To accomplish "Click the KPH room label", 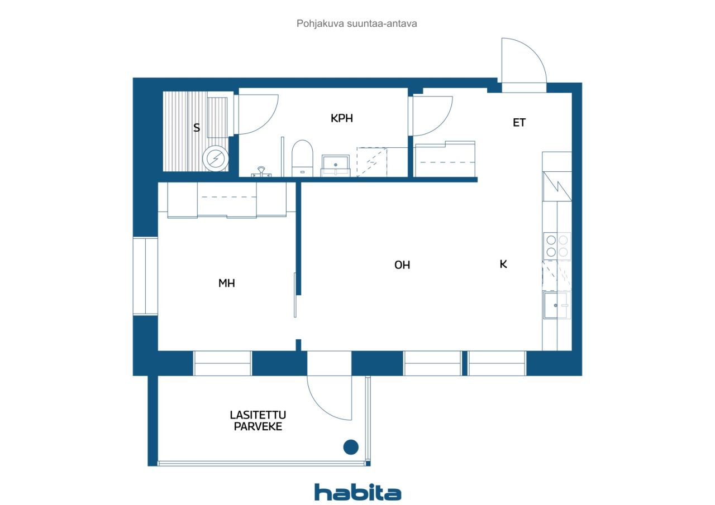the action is (341, 118).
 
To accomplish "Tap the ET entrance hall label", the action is (519, 122).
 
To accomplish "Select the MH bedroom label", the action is (227, 283).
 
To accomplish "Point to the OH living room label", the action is (402, 265).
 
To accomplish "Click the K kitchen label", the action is (503, 264).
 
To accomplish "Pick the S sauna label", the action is (197, 128).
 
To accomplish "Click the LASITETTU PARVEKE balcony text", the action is (258, 421).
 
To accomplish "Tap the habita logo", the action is (357, 492).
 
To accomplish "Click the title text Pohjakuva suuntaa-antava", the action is (356, 23).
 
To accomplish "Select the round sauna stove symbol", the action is (216, 158).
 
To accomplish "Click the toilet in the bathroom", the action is (302, 158).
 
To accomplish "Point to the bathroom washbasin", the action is (336, 166).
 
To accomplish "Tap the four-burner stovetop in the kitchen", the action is (557, 246).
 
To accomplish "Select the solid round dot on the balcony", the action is (351, 447).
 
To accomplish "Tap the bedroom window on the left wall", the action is (145, 276).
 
